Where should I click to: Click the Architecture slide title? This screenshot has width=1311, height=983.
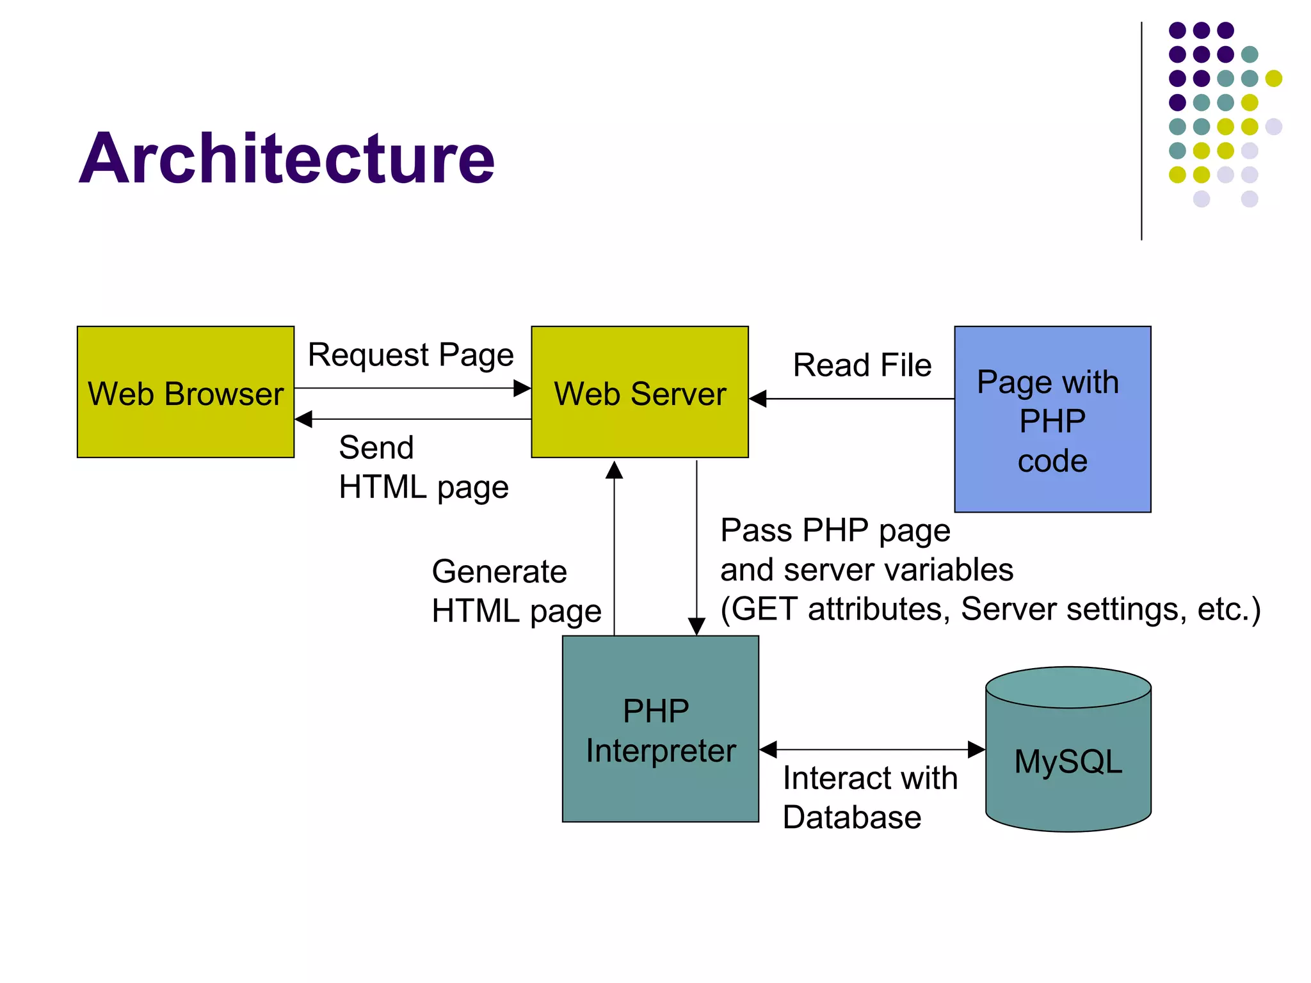(x=286, y=158)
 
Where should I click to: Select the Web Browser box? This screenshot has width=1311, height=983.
(x=186, y=392)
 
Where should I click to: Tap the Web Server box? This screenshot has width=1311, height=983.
(x=639, y=392)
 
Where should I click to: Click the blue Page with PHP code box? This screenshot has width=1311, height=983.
(x=1052, y=420)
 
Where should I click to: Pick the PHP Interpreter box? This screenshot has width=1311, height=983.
(x=660, y=729)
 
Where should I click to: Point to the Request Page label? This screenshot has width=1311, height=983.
(x=410, y=355)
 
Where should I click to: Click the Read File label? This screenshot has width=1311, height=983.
(x=862, y=365)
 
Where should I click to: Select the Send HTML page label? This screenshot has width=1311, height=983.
(x=422, y=467)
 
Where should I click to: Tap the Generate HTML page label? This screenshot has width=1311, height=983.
(x=516, y=591)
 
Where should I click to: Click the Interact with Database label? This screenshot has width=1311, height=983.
(x=869, y=797)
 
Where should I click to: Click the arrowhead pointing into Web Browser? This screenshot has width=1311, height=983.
(x=303, y=419)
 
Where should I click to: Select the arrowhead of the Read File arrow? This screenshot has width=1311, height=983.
(x=758, y=399)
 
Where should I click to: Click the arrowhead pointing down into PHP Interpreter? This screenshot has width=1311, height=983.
(x=696, y=626)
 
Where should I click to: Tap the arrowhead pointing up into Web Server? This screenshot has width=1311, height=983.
(x=614, y=470)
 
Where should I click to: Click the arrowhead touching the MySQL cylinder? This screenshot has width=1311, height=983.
(x=976, y=749)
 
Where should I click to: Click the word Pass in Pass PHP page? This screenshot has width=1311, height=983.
(x=756, y=531)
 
